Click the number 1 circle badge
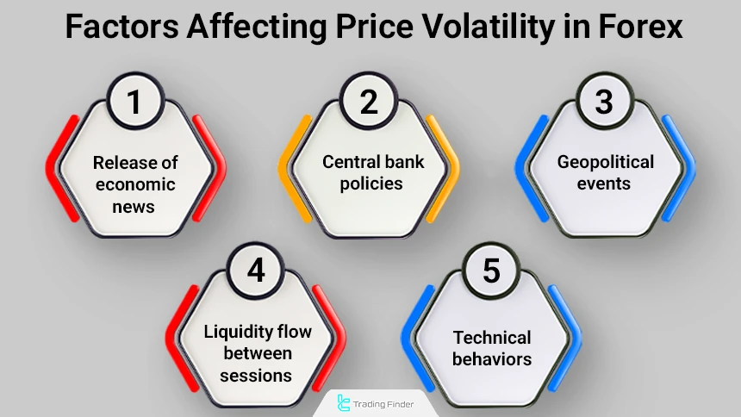pyautogui.click(x=134, y=102)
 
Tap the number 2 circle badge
pyautogui.click(x=370, y=102)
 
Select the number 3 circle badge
pyautogui.click(x=604, y=102)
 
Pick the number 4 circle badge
pyautogui.click(x=256, y=271)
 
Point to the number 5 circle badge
pyautogui.click(x=491, y=271)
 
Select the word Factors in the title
pyautogui.click(x=123, y=28)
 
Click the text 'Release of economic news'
pyautogui.click(x=134, y=184)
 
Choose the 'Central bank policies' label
pyautogui.click(x=370, y=172)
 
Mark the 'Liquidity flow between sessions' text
pyautogui.click(x=256, y=353)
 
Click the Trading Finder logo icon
pyautogui.click(x=346, y=402)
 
